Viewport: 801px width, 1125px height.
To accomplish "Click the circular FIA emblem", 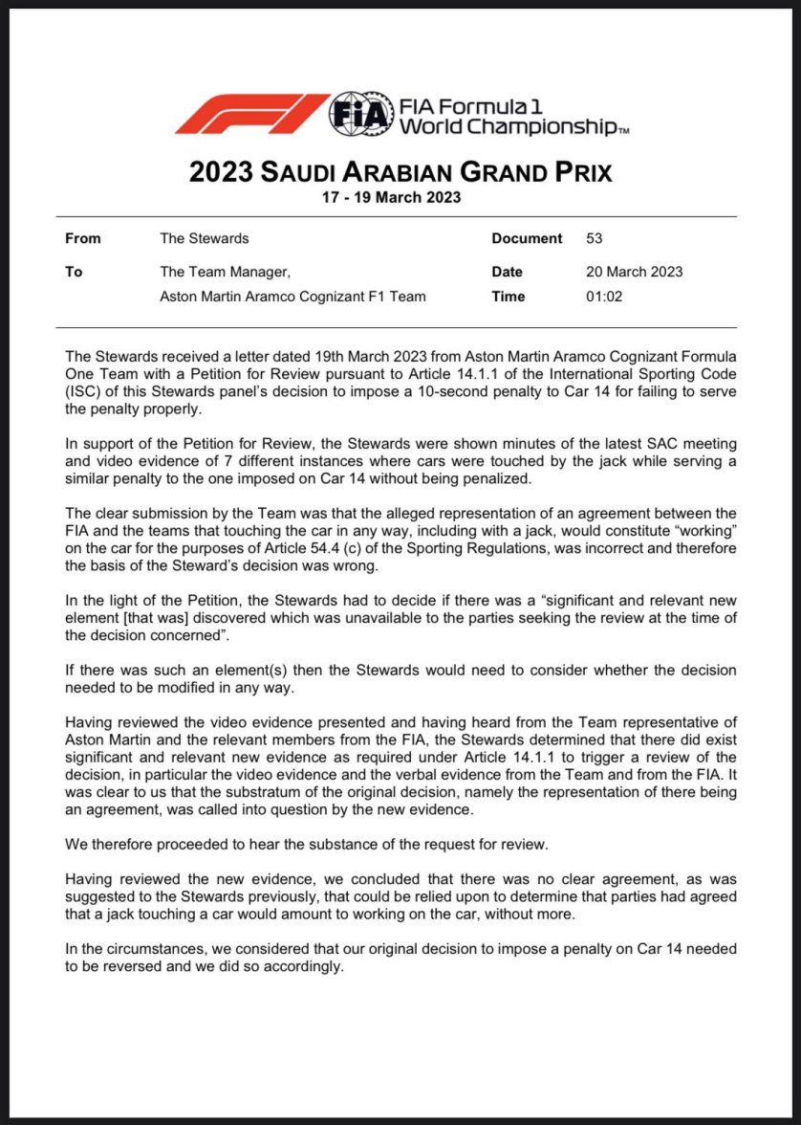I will point(360,114).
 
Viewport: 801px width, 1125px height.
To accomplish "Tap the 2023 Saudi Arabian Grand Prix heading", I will point(400,172).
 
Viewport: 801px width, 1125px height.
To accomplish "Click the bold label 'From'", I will point(82,238).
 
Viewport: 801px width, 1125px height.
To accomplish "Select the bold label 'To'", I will point(74,272).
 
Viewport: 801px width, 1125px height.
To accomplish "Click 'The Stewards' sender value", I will point(205,238).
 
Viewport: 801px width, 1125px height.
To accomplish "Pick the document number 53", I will point(594,238).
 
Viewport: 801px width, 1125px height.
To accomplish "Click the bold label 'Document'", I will point(527,238).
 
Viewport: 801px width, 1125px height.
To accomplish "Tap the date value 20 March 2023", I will point(634,272).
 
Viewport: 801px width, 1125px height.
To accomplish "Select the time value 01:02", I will point(604,297).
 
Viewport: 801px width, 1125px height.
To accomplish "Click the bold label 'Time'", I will point(509,297).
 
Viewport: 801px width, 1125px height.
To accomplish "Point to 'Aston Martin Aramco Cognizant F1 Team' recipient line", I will point(292,297).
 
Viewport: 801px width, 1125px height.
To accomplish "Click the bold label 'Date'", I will point(508,272).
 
